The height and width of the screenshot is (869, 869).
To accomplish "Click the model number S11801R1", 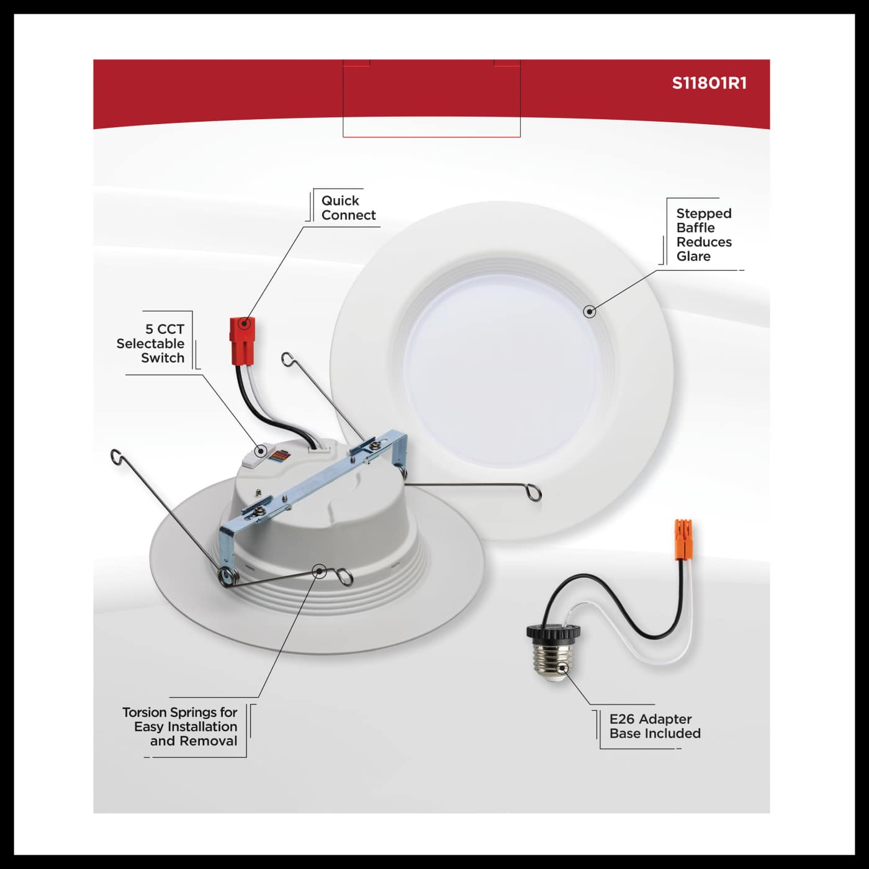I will [x=709, y=84].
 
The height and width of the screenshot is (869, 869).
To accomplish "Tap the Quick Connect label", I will [x=348, y=208].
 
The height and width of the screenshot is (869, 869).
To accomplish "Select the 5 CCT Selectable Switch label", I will [x=151, y=343].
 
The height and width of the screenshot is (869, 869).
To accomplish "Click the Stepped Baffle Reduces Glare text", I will [x=703, y=235].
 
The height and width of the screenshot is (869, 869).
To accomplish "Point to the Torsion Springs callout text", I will [x=181, y=726].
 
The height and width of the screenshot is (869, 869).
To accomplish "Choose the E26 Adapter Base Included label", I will [x=654, y=726].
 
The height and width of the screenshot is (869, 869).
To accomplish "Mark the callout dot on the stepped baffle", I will [x=590, y=311].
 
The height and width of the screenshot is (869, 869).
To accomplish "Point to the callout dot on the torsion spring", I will [x=319, y=571].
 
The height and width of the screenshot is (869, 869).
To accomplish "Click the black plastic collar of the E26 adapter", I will [x=547, y=631].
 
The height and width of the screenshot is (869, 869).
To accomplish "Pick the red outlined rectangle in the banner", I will [x=431, y=99].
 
